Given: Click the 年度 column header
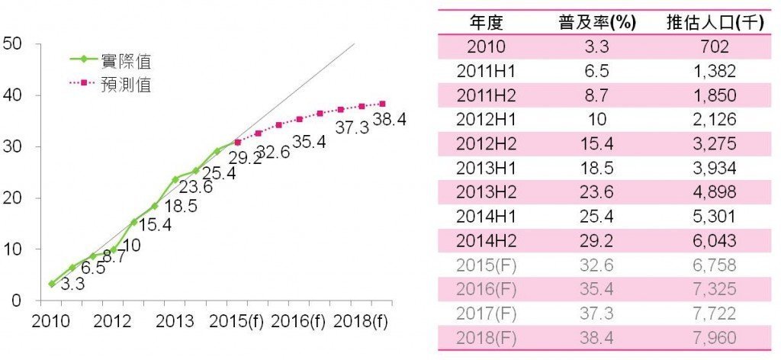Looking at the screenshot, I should (x=485, y=21).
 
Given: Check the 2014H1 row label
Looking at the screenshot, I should (x=485, y=216).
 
